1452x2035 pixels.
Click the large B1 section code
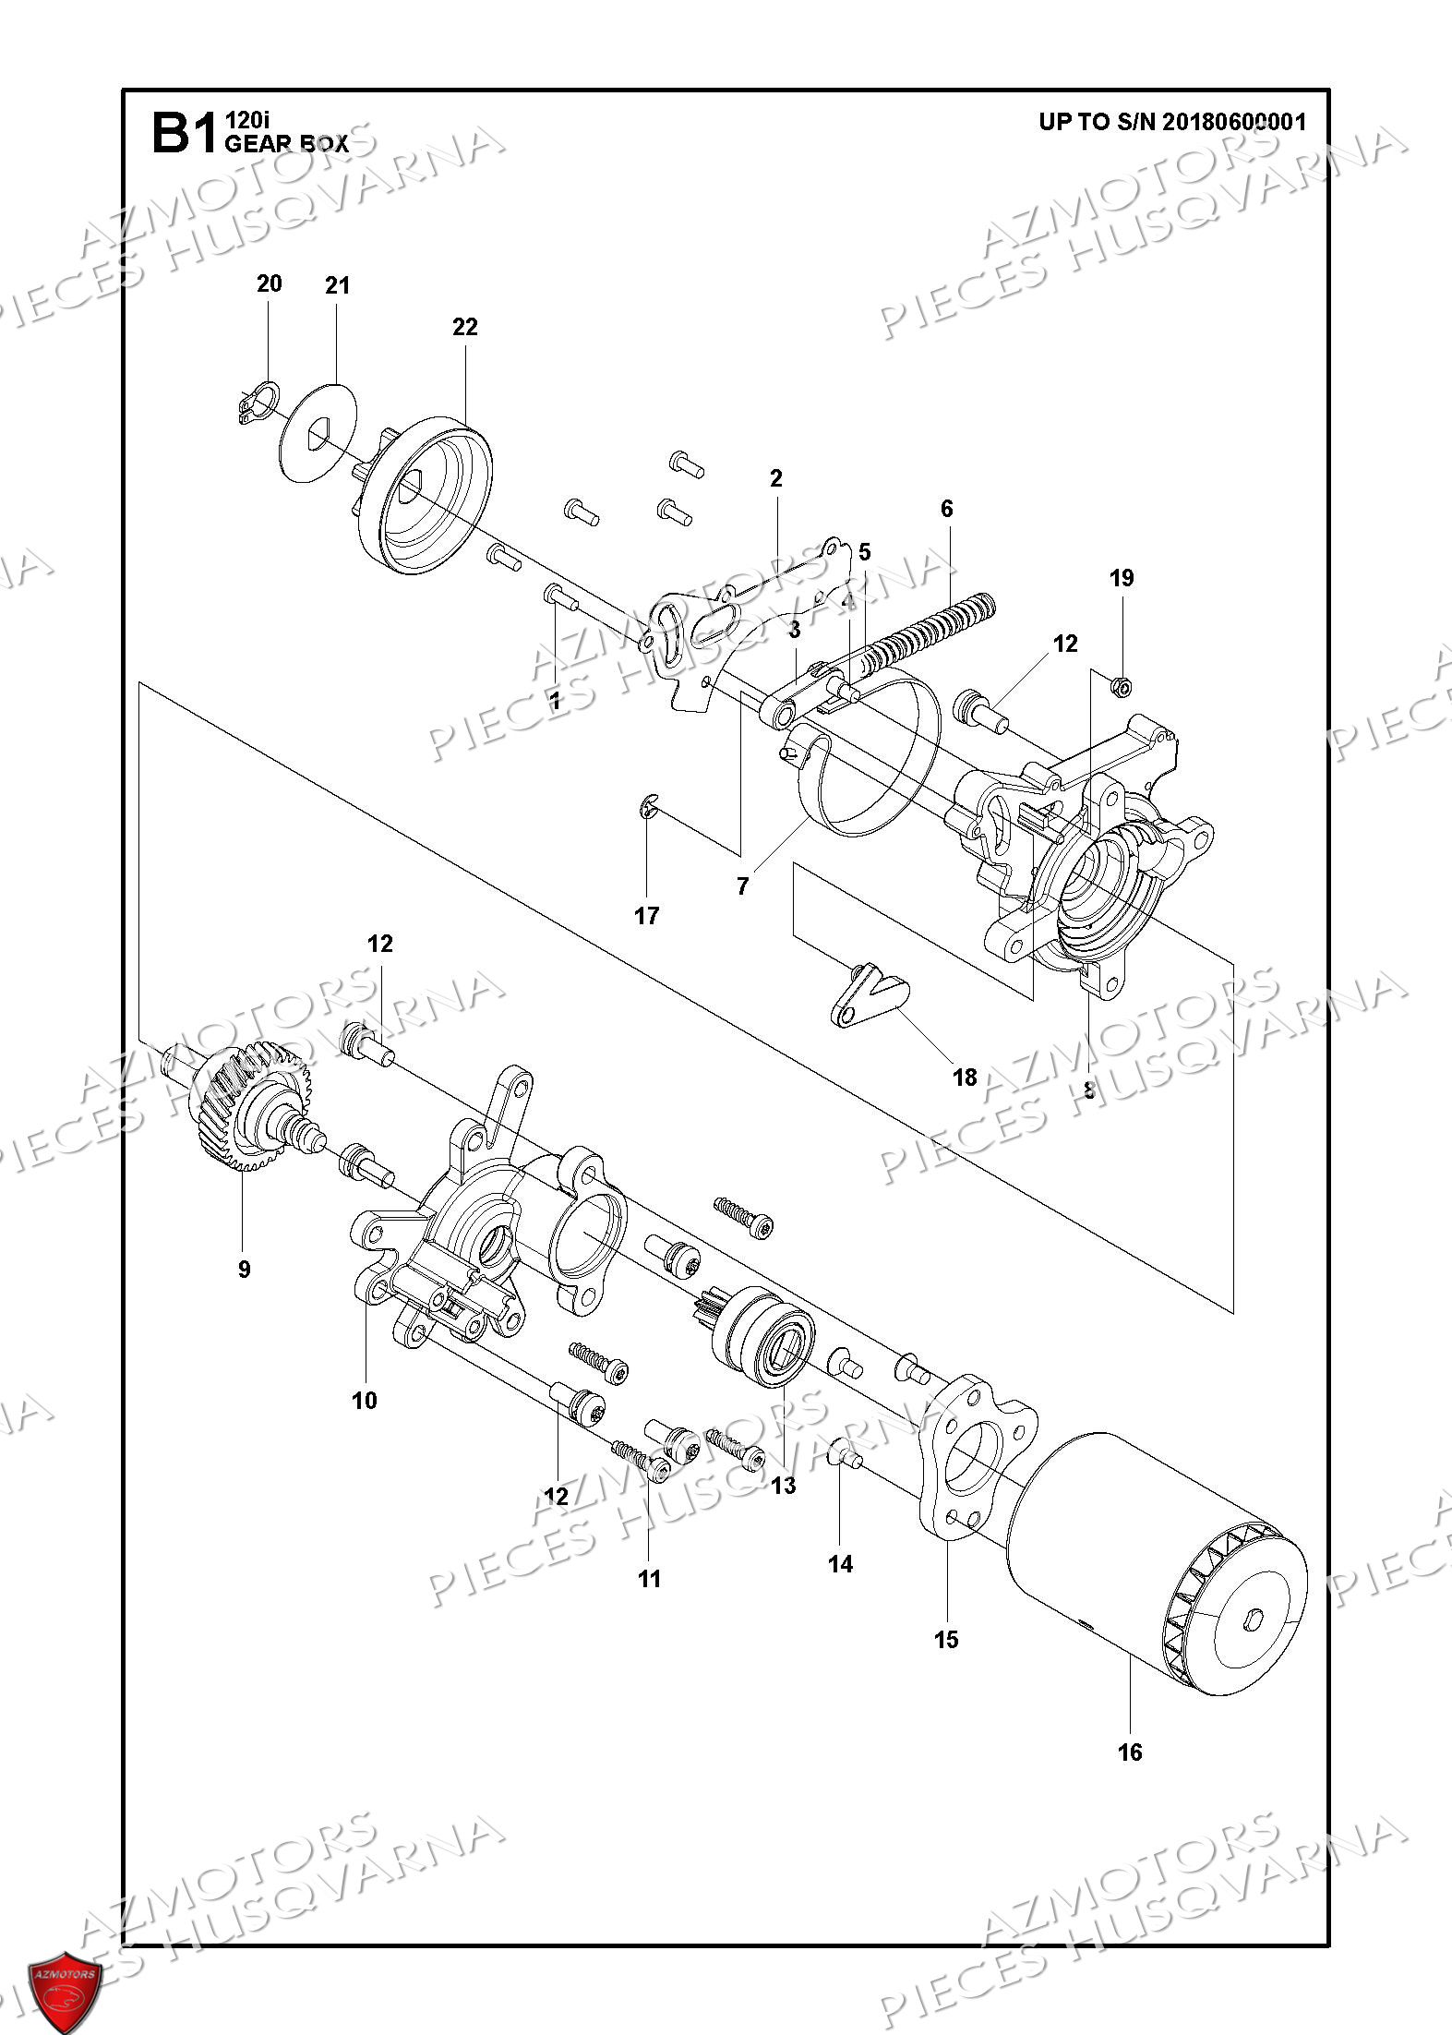pos(183,135)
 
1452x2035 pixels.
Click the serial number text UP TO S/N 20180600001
pos(1172,123)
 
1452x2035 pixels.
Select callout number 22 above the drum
pos(465,327)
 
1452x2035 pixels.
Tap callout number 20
pos(269,283)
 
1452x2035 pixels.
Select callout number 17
pos(646,915)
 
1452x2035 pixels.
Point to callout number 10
pos(365,1401)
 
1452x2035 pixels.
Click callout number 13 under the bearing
pos(783,1486)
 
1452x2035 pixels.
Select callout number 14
pos(840,1564)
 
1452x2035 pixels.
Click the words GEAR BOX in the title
pos(286,144)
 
